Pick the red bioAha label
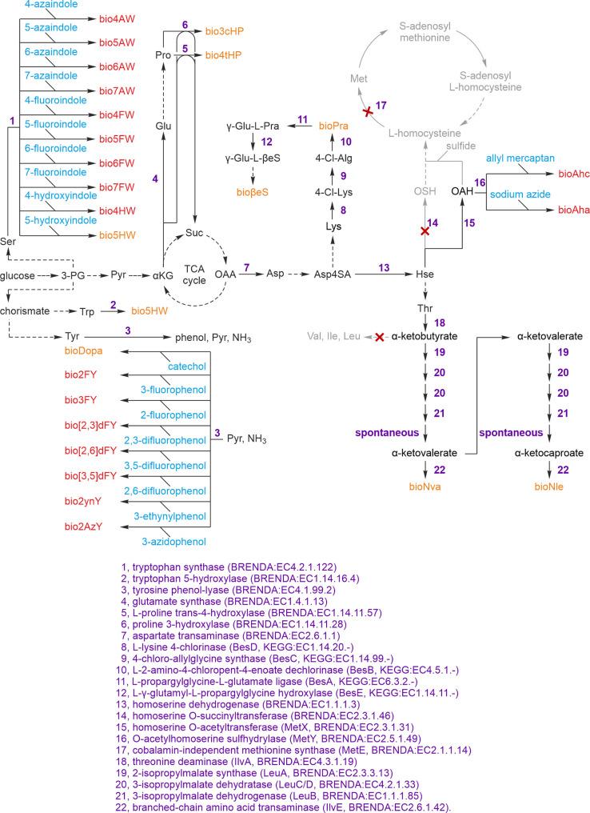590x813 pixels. (568, 208)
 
